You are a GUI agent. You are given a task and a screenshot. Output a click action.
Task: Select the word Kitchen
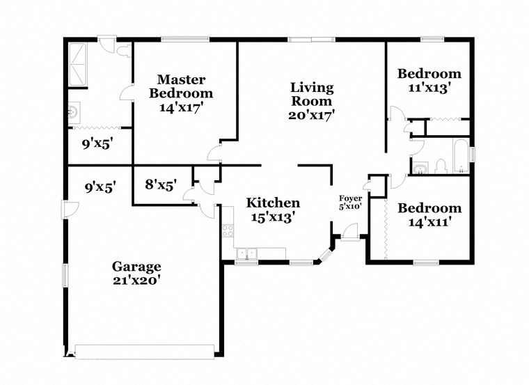(x=273, y=203)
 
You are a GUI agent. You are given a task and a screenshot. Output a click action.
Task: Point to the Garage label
(x=137, y=266)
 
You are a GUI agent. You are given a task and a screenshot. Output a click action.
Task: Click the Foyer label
(x=349, y=198)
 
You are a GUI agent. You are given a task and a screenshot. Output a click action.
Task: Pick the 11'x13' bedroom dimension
(x=429, y=88)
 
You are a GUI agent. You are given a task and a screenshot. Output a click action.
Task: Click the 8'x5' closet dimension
(x=160, y=186)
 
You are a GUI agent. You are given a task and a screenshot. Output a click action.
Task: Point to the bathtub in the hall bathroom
(x=459, y=157)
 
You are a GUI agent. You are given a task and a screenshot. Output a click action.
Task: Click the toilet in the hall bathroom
(x=440, y=166)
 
